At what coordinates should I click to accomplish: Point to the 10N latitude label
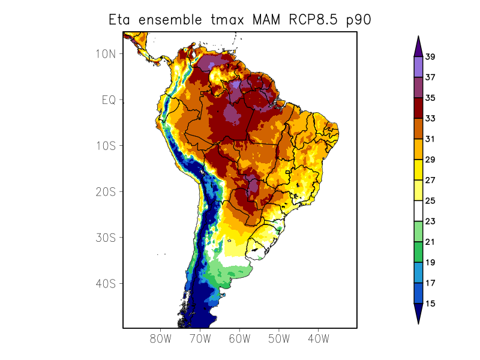105,54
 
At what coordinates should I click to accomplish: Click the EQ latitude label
108,100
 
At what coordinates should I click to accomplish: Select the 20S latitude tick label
105,191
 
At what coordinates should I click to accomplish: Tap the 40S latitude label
105,283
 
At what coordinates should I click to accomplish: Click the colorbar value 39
430,57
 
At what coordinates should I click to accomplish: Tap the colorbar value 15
430,304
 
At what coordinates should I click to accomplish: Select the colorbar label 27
430,180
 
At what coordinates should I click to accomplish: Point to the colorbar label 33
430,119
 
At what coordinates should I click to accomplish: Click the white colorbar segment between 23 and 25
418,211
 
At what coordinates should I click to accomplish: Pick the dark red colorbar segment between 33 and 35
418,109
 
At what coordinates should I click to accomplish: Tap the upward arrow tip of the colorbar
418,39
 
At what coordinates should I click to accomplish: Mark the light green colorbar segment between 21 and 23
418,232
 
